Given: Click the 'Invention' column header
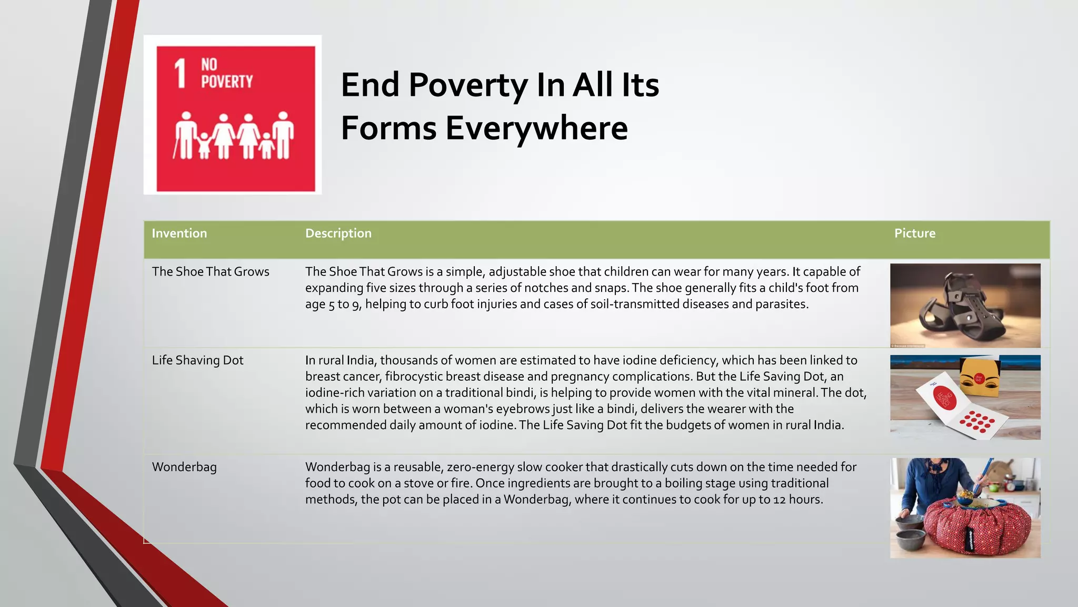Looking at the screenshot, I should (x=179, y=233).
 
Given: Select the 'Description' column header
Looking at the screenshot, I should (x=338, y=233).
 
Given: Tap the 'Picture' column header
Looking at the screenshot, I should (x=914, y=233).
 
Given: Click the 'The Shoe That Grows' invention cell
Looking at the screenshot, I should (x=211, y=272).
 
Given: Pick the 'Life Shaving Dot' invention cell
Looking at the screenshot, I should (x=197, y=360).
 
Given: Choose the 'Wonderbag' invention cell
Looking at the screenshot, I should (x=184, y=467).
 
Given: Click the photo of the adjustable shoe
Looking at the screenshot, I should (x=965, y=306).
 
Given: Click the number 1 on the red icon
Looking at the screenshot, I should (x=180, y=74).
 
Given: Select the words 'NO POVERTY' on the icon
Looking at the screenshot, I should (x=226, y=74).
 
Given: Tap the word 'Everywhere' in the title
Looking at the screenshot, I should (x=536, y=129).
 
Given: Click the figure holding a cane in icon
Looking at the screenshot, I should (x=184, y=136).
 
